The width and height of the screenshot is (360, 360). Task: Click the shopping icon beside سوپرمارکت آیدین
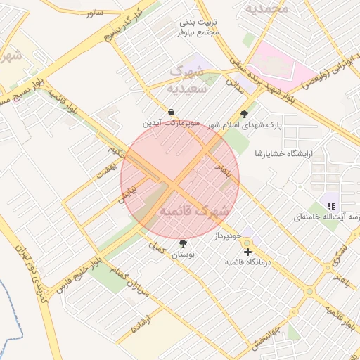point(172,112)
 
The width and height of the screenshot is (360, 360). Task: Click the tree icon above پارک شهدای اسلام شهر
point(245,114)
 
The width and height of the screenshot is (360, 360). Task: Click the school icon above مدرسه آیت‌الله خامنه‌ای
point(331,206)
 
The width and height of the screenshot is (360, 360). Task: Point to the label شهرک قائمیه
point(193,211)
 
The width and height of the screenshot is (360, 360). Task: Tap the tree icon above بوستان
point(184,243)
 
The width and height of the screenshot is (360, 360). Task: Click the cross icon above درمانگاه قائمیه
point(247,251)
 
